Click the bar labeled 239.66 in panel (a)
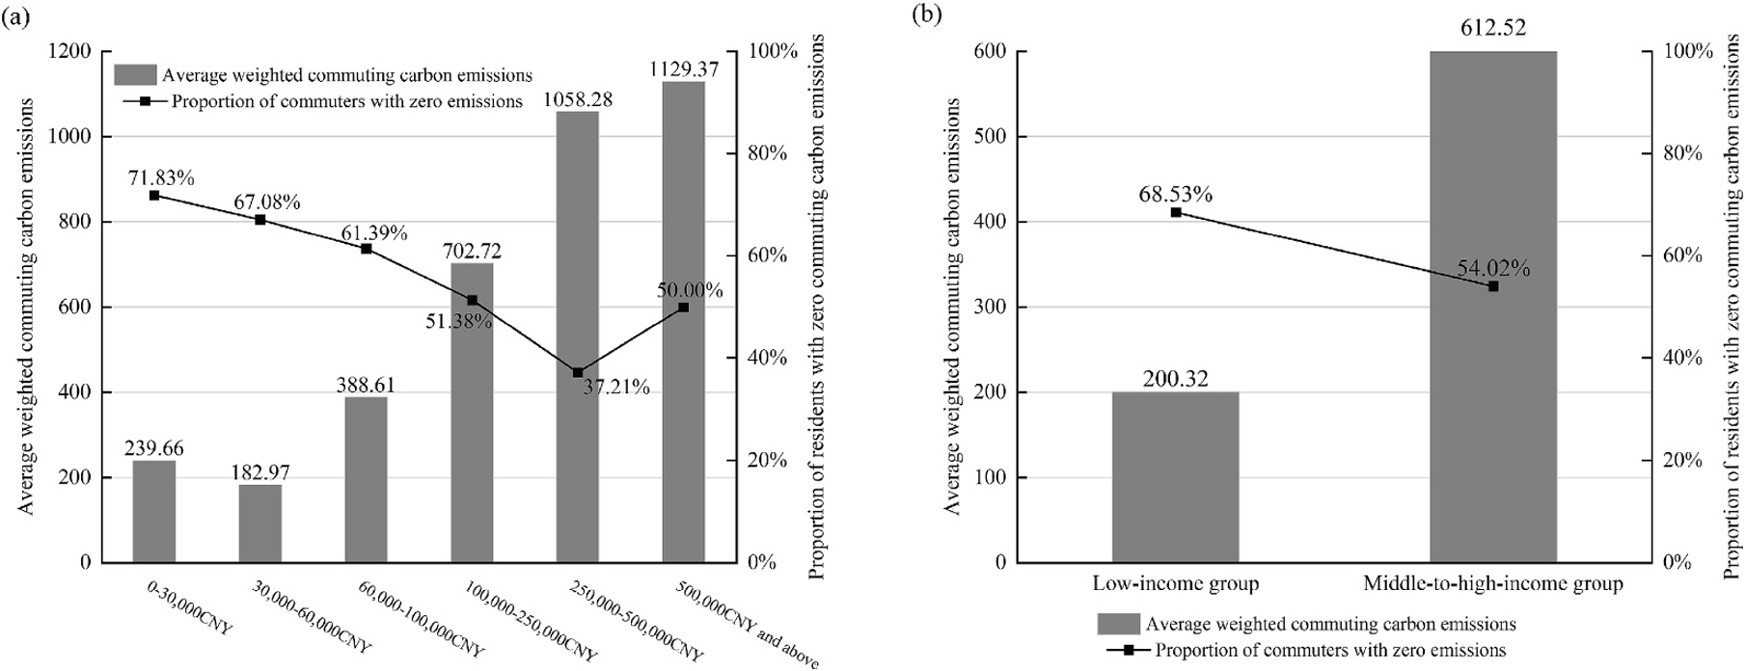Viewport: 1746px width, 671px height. [153, 511]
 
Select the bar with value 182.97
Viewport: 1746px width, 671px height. [259, 523]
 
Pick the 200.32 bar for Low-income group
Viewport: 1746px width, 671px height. [1175, 476]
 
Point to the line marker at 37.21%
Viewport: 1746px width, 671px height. [577, 372]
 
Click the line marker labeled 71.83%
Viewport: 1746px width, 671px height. [153, 196]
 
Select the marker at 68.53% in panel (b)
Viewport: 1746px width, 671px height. [1176, 212]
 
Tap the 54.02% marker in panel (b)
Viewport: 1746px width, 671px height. [1493, 286]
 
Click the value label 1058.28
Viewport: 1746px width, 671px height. [577, 100]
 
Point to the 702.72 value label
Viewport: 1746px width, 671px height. [472, 251]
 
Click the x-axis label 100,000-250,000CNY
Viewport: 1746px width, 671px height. [531, 621]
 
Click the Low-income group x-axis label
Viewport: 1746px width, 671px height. [1175, 583]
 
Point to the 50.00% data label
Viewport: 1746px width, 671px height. [690, 290]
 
